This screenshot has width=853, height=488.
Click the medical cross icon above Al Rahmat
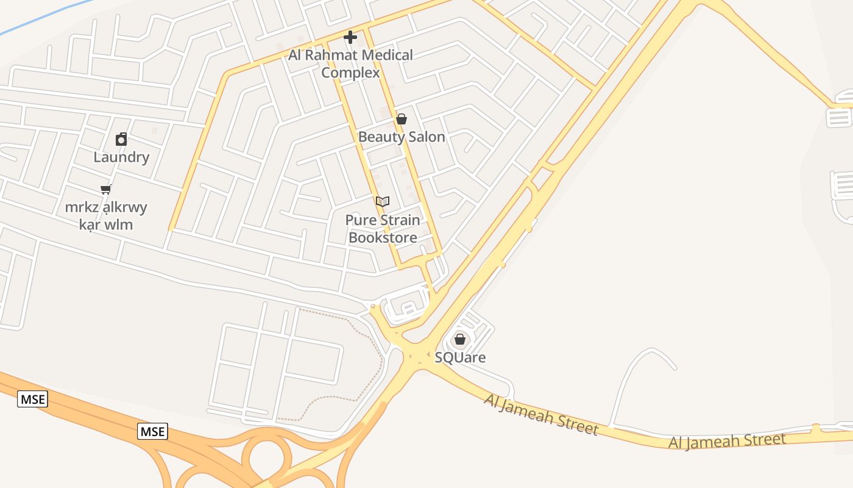click(350, 38)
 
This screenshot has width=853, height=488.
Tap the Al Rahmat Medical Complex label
click(350, 64)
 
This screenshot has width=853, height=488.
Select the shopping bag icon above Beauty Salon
click(402, 119)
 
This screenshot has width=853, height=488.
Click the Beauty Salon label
click(402, 137)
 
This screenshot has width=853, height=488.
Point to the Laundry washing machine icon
click(121, 140)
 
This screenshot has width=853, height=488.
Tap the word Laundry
click(121, 157)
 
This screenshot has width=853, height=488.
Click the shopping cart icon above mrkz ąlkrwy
click(106, 189)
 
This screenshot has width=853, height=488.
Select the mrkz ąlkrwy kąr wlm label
click(106, 216)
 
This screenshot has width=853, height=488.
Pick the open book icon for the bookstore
click(383, 201)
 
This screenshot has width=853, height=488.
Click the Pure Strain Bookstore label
click(383, 229)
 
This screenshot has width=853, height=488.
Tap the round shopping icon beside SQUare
click(460, 339)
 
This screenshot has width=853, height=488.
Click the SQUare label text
click(460, 357)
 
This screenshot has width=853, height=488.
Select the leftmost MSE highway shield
click(32, 400)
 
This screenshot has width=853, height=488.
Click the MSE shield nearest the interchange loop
click(152, 432)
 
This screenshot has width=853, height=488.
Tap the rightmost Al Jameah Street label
click(727, 440)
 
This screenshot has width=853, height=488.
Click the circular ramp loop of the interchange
click(263, 454)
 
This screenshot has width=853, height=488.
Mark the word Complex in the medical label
click(350, 73)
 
